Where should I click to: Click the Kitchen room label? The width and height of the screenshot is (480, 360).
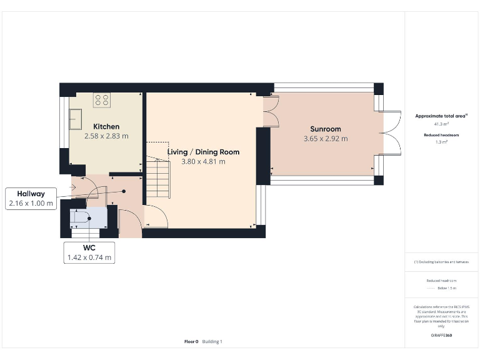click(x=106, y=127)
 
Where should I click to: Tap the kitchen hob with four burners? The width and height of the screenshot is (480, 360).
click(x=102, y=100)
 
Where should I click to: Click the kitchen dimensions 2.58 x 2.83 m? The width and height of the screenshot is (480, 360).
click(x=106, y=136)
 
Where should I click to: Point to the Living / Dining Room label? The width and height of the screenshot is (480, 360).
click(x=203, y=152)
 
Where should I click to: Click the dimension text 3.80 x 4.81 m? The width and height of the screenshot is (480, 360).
click(x=203, y=161)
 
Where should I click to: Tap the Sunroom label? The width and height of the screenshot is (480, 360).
click(x=325, y=129)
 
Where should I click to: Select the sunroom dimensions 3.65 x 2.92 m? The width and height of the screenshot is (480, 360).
click(x=325, y=139)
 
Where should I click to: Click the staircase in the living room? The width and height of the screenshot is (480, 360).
click(x=158, y=178)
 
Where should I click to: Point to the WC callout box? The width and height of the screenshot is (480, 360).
click(x=89, y=252)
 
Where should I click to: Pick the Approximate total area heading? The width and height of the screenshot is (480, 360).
click(x=441, y=116)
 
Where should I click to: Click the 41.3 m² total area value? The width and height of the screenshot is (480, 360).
click(x=441, y=124)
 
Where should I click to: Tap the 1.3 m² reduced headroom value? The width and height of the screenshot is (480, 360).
click(x=441, y=142)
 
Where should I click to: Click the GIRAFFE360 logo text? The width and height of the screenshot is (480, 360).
click(x=441, y=336)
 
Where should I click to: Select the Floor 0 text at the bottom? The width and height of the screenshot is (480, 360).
click(x=191, y=341)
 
